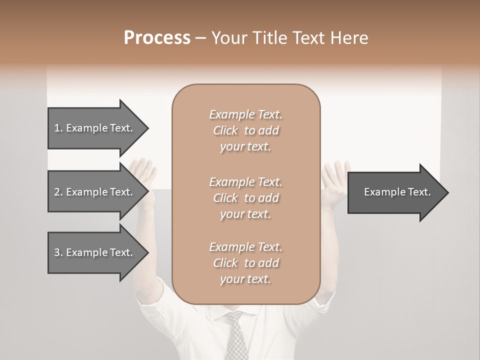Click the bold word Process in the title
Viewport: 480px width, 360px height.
157,38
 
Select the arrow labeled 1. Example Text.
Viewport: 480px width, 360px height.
97,128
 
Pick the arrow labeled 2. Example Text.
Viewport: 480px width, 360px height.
97,192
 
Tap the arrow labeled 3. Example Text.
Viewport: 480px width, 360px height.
97,252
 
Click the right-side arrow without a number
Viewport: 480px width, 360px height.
397,192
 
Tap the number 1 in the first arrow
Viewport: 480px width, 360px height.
57,128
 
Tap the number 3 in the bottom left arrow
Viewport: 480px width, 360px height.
57,252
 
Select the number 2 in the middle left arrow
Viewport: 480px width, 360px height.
57,192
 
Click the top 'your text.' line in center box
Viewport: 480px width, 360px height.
245,147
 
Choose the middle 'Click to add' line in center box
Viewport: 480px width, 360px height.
245,198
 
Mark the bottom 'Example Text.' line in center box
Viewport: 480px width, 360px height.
245,247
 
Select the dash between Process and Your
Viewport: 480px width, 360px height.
200,38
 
